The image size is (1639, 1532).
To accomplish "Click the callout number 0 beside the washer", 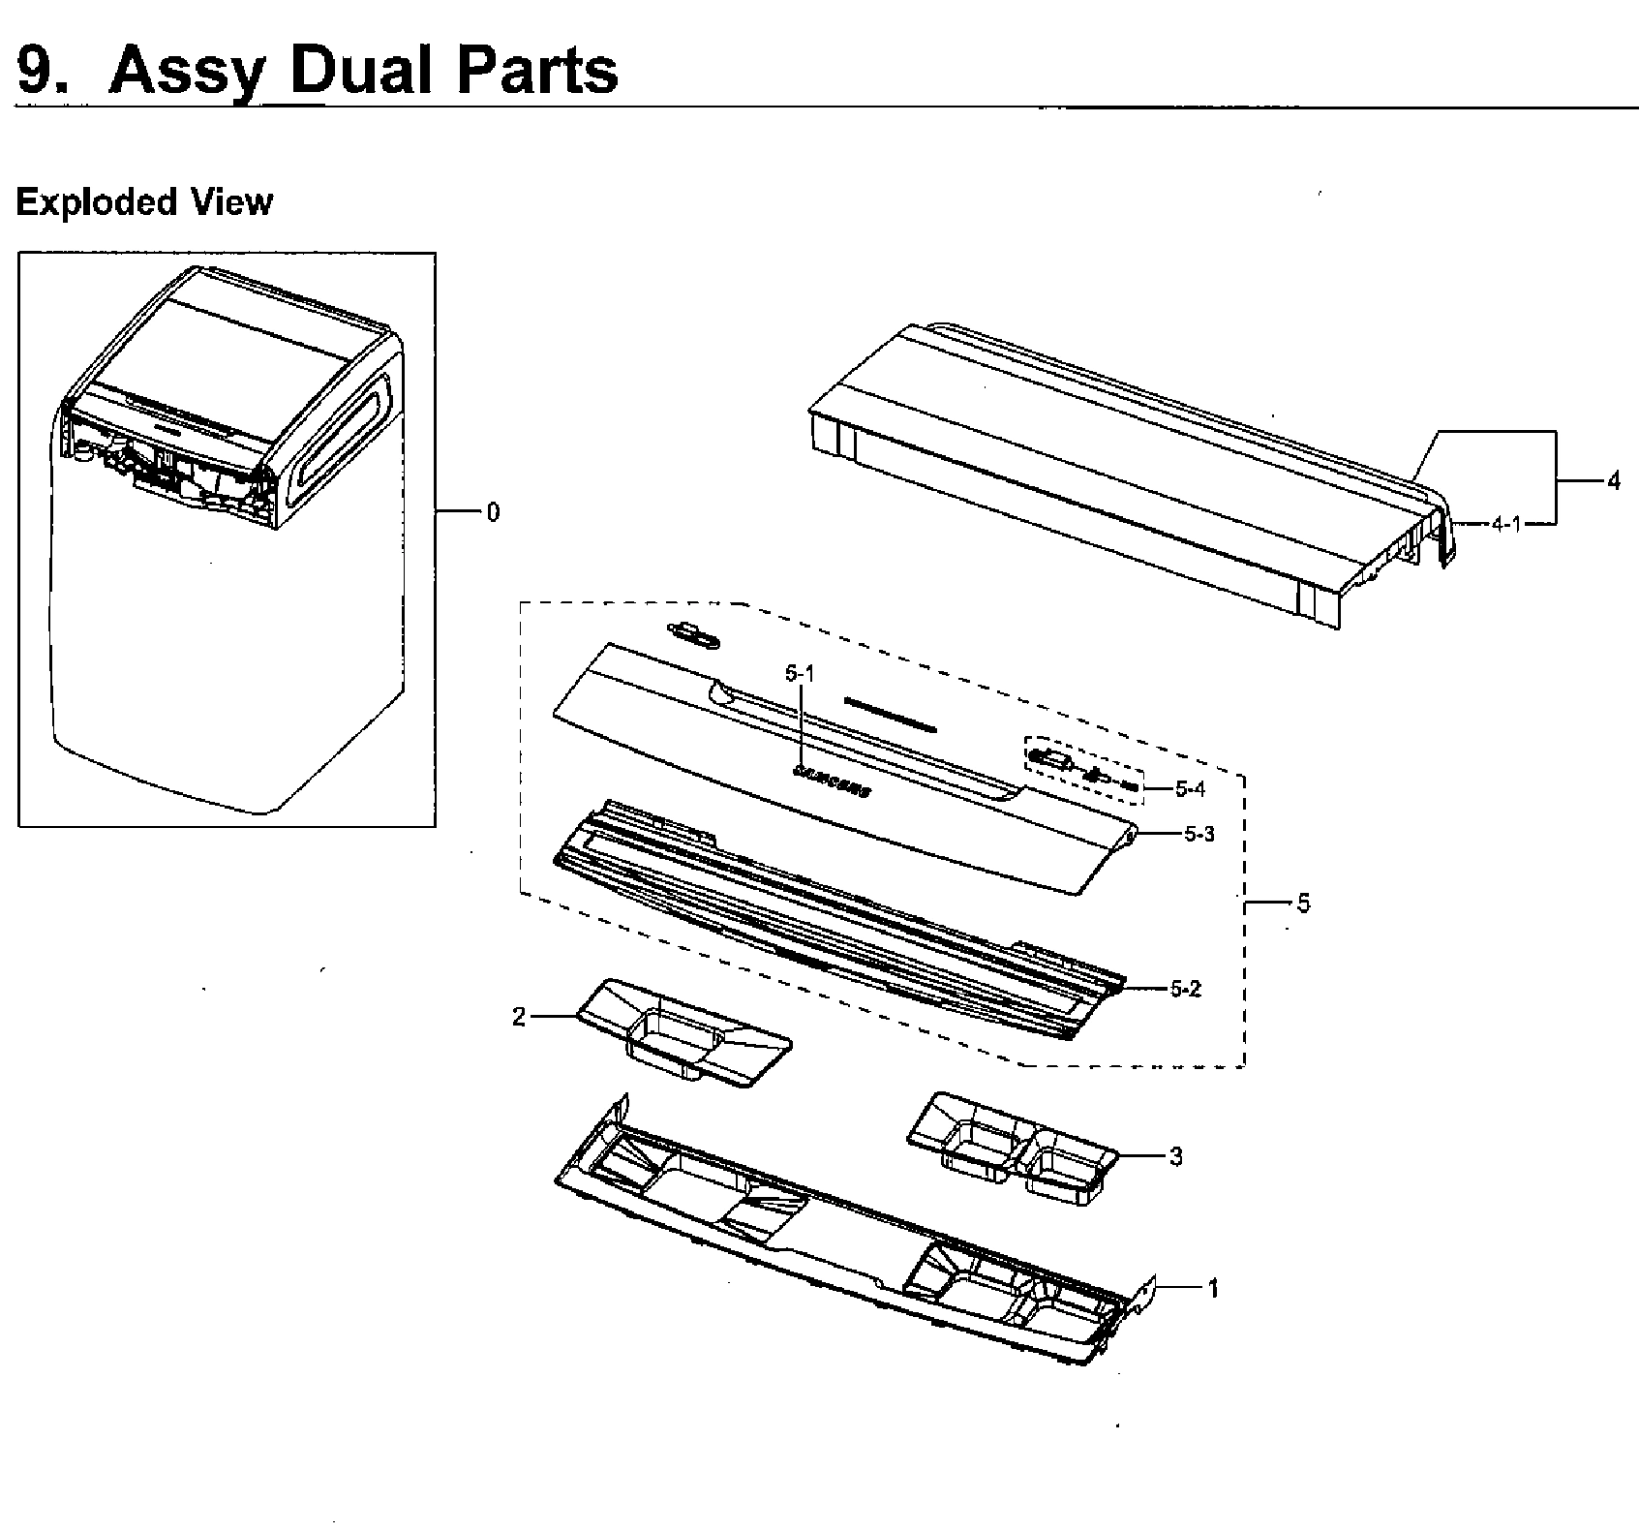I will (x=493, y=512).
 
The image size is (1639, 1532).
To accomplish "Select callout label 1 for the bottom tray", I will (x=1212, y=1288).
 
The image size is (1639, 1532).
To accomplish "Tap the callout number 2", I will (x=519, y=1017).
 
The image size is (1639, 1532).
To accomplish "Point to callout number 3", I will (x=1175, y=1156).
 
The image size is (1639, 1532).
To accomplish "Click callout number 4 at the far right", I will (x=1612, y=480).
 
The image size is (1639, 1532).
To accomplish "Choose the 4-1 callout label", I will (x=1505, y=524).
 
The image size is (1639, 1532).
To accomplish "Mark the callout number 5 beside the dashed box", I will (x=1303, y=904).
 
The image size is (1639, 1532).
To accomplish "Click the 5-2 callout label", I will (x=1185, y=989).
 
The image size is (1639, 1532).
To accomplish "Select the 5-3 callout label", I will (x=1199, y=834).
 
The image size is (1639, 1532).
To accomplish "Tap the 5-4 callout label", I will (x=1190, y=789).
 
